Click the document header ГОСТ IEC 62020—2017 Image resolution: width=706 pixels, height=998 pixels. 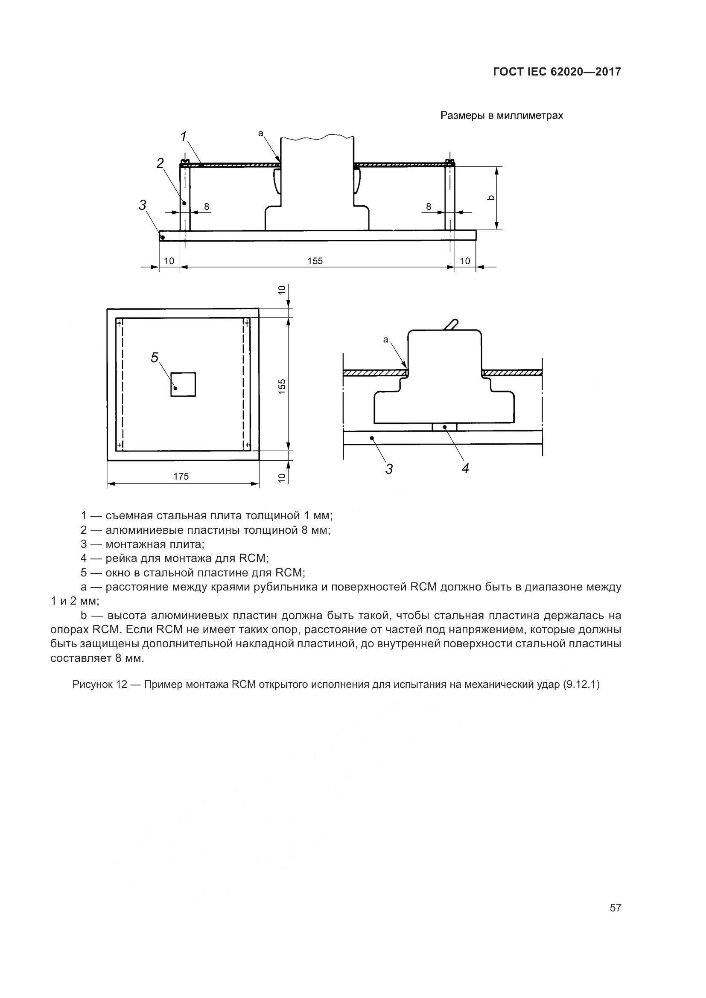[557, 72]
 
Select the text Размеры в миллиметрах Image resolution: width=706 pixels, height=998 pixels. [502, 116]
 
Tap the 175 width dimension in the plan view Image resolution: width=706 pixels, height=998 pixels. [181, 477]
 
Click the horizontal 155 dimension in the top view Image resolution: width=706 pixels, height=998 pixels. [315, 261]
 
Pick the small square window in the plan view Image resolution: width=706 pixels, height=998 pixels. [183, 384]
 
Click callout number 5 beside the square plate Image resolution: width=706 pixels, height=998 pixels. [155, 358]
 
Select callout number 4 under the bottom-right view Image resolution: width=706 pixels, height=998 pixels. [465, 468]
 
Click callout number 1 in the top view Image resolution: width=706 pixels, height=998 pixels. [184, 137]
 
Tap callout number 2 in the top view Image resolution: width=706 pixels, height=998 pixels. [160, 163]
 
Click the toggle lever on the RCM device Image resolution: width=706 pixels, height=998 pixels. [451, 324]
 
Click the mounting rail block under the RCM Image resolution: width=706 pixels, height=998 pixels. [445, 427]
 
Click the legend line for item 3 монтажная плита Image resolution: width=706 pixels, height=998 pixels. [142, 544]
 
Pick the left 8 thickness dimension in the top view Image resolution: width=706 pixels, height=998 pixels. [207, 207]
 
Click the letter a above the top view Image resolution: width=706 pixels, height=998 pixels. [261, 134]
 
